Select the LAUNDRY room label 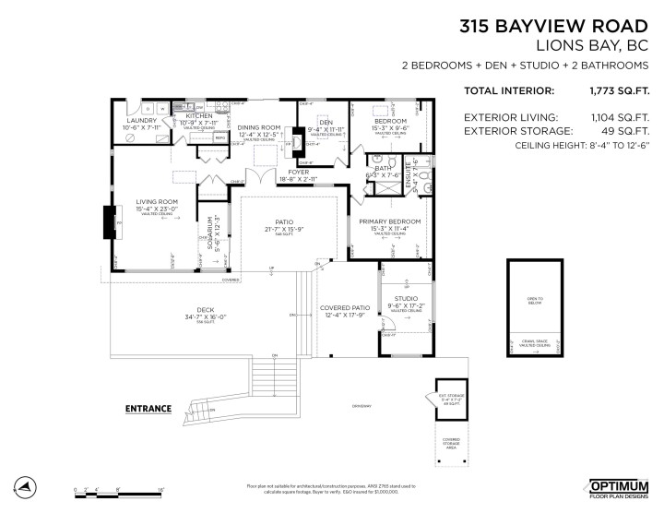point(142,121)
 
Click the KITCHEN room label point(199,116)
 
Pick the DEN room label point(326,122)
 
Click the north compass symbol point(28,486)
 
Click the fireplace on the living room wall point(107,222)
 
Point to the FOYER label point(298,172)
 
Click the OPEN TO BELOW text point(535,300)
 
